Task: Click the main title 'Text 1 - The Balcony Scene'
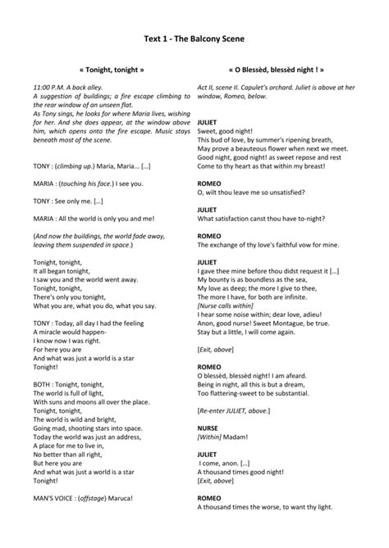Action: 194,38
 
